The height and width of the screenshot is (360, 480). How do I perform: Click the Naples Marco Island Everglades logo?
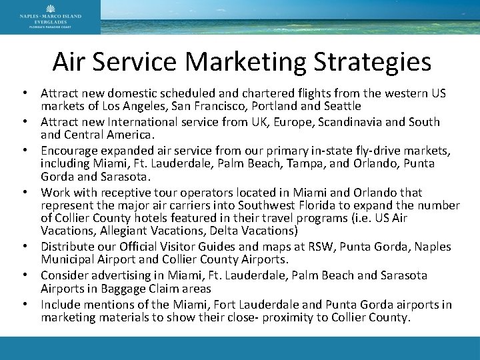(50, 17)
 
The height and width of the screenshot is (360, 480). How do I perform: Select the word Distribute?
(66, 247)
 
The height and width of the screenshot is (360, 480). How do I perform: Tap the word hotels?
(153, 218)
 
